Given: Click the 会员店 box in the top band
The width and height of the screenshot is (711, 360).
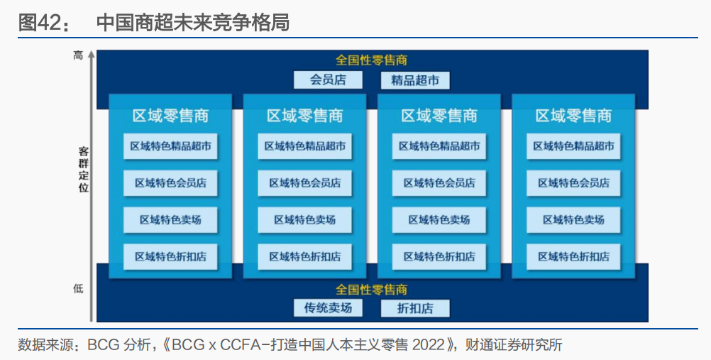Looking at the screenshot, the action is tap(328, 80).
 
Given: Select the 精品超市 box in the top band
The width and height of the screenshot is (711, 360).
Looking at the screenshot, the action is tap(415, 80).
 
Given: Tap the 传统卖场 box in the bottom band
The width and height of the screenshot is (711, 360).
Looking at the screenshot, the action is tap(328, 307).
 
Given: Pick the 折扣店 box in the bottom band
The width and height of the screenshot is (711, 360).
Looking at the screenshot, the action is tap(415, 308).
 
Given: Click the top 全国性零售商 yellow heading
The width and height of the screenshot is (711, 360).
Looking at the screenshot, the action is tap(371, 61).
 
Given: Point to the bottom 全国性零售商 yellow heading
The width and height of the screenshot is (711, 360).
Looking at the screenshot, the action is tap(371, 290).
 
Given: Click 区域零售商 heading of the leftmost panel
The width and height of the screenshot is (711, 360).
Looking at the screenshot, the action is tap(170, 116).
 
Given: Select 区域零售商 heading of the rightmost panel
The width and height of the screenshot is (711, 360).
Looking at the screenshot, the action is tap(573, 116).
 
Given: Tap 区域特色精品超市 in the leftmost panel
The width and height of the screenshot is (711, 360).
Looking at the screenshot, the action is tap(170, 146).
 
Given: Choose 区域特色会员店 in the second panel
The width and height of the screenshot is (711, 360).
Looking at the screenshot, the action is tap(305, 183).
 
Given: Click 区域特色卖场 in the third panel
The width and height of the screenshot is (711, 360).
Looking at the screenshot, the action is tap(439, 220).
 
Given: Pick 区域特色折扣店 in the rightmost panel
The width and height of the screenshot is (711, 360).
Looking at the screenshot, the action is tap(573, 256).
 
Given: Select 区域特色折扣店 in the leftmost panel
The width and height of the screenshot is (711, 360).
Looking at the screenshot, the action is tap(170, 256).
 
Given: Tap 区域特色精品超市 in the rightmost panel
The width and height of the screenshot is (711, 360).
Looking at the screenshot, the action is tap(573, 146).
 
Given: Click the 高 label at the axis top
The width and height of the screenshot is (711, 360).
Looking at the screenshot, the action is tap(78, 55).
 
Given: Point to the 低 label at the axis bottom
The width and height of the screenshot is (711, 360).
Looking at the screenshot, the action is tap(78, 288).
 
